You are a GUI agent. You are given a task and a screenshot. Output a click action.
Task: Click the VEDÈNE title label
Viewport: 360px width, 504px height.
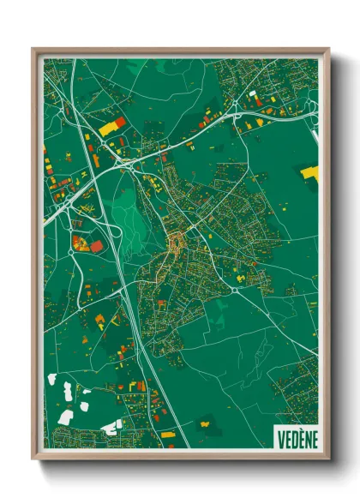coord(296,438)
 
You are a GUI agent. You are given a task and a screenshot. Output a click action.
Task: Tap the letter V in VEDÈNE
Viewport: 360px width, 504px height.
coord(280,438)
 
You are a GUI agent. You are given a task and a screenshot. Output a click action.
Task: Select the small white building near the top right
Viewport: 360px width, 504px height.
coord(253,93)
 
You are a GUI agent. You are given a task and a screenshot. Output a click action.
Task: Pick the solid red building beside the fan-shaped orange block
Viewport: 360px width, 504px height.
coord(97,247)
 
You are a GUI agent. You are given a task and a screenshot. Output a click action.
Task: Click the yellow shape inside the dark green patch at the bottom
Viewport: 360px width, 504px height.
coord(207,421)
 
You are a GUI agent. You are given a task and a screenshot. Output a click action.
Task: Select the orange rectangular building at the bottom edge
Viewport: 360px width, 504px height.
coord(167,435)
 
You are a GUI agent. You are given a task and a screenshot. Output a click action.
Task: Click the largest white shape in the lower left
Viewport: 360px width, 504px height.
coord(66,417)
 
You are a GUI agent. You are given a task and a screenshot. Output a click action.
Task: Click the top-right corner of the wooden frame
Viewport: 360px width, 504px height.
coord(328,50)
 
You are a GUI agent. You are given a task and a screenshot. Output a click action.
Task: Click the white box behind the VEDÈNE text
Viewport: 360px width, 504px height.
coord(296,437)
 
